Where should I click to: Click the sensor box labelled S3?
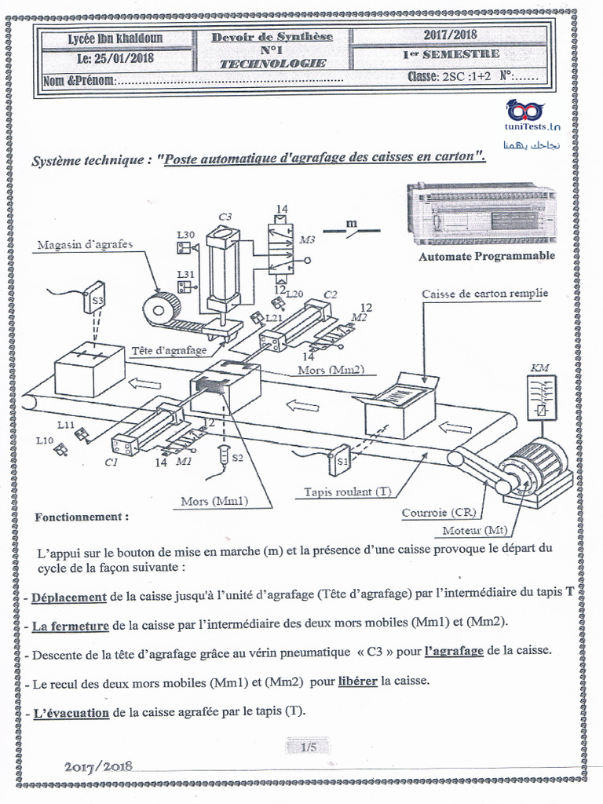[x=96, y=298]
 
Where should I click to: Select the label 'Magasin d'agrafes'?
[x=85, y=244]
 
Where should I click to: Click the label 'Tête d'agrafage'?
[x=169, y=350]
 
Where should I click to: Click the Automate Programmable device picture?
[x=481, y=214]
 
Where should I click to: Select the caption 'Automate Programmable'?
[x=486, y=256]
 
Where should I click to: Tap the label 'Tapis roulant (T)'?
[x=348, y=492]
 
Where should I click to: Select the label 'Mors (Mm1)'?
[x=214, y=500]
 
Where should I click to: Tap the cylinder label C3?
[x=225, y=217]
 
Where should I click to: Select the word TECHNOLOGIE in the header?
[x=272, y=64]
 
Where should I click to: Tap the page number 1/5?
[x=308, y=747]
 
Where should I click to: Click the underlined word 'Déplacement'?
[x=69, y=597]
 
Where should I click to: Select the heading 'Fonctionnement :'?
[x=82, y=517]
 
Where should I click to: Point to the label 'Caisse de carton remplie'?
[x=484, y=294]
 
